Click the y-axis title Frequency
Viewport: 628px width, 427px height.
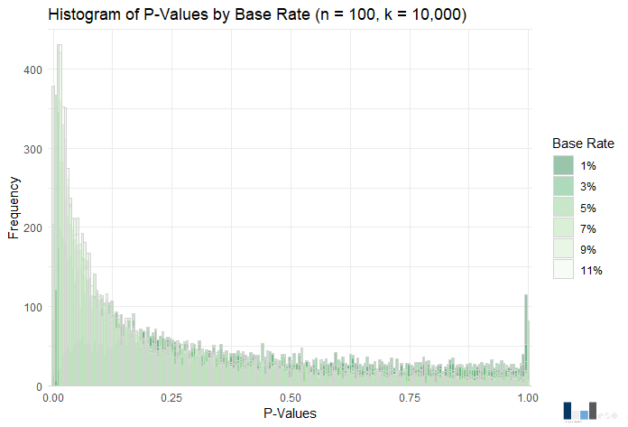click(x=14, y=208)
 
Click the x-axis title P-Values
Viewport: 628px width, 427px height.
click(x=291, y=413)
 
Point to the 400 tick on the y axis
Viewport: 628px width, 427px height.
click(x=32, y=70)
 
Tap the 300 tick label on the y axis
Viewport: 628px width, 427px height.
click(x=32, y=149)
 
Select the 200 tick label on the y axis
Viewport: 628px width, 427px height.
click(x=32, y=228)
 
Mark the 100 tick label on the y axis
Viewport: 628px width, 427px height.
click(x=32, y=308)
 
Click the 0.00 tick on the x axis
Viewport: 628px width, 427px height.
click(x=53, y=396)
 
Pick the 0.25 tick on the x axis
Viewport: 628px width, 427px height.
click(x=172, y=396)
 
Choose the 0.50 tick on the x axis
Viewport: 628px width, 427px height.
click(x=291, y=396)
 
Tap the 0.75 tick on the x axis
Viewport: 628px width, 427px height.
click(x=410, y=396)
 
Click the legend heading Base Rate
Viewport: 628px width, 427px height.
click(x=584, y=144)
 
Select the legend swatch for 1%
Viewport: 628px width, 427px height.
click(x=563, y=165)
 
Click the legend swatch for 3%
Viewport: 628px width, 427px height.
click(x=563, y=186)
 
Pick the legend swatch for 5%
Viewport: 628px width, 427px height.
click(x=563, y=207)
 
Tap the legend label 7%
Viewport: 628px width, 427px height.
click(x=589, y=228)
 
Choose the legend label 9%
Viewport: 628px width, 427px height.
click(x=589, y=249)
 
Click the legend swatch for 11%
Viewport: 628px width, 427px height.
click(x=563, y=270)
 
